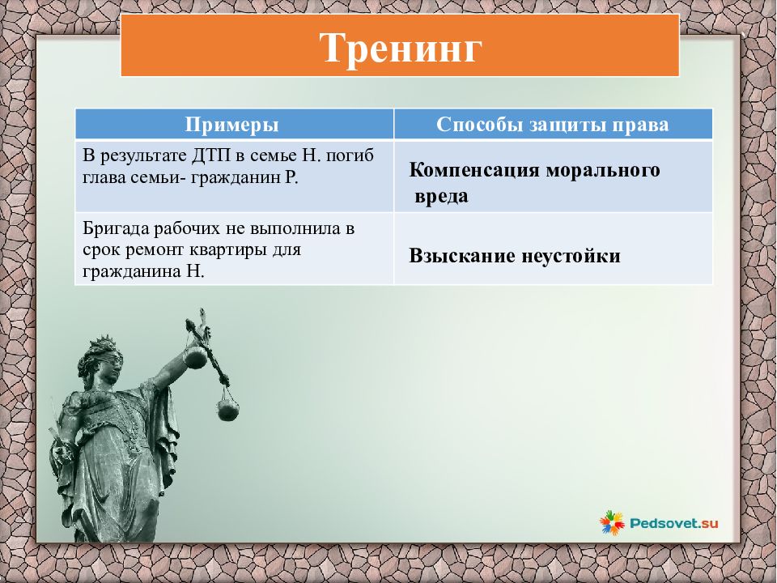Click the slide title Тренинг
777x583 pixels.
(x=401, y=48)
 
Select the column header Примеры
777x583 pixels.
(x=232, y=125)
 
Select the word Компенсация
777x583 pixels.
(x=474, y=170)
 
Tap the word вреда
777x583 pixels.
(x=441, y=196)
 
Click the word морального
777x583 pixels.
(x=603, y=171)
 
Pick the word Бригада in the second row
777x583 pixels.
(x=116, y=229)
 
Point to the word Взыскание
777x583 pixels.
(x=462, y=257)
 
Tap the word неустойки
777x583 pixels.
(x=571, y=257)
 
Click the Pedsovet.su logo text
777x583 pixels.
(x=674, y=523)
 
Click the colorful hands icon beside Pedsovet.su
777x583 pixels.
(x=612, y=523)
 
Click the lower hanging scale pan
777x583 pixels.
(x=228, y=411)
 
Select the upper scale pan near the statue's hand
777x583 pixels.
(x=195, y=357)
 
